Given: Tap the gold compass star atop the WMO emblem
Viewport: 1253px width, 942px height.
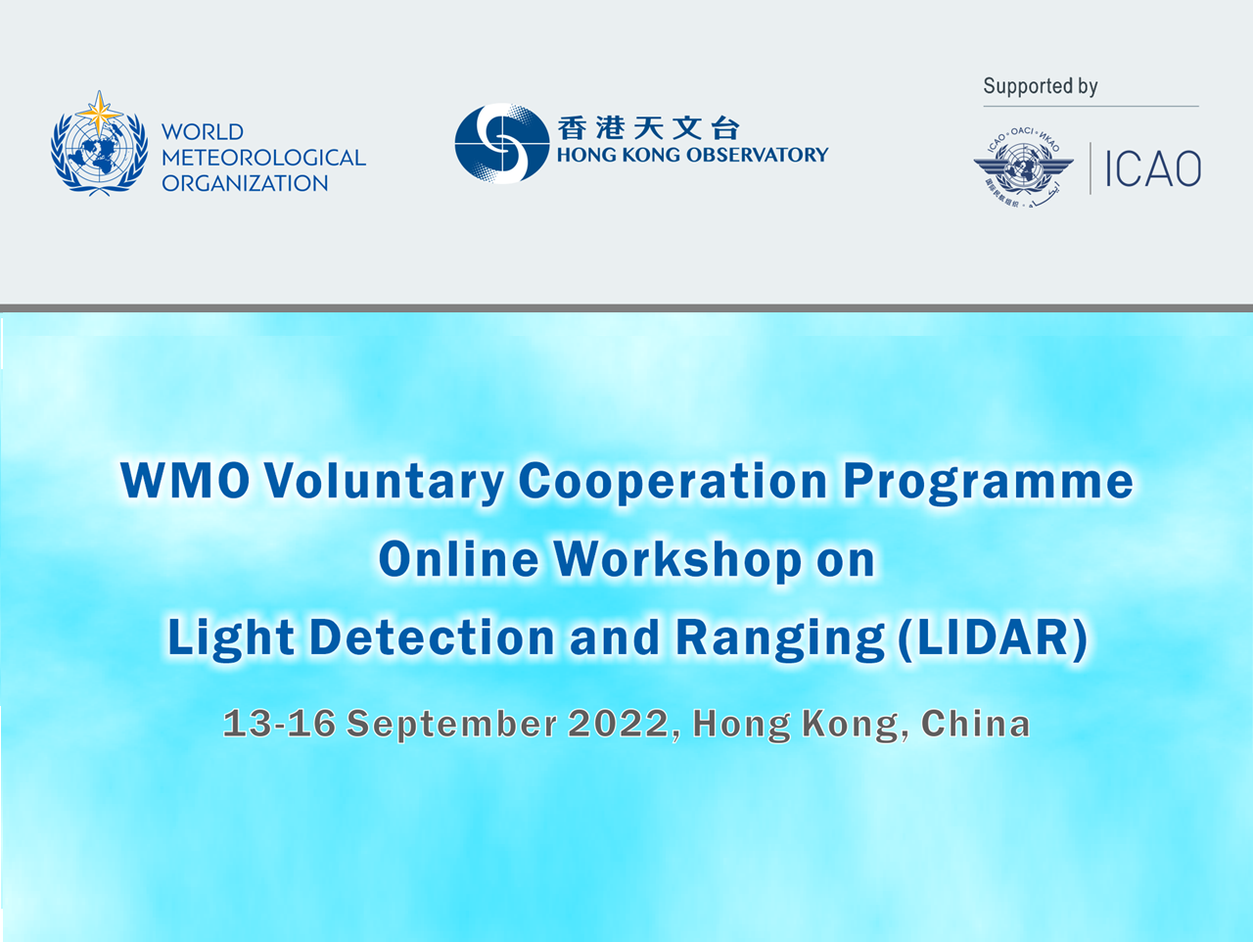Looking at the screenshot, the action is [x=99, y=113].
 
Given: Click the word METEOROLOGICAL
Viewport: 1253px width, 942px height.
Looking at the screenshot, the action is [x=263, y=158].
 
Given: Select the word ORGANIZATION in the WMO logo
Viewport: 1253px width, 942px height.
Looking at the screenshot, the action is [x=245, y=183].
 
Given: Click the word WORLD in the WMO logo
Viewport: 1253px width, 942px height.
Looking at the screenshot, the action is [x=203, y=132].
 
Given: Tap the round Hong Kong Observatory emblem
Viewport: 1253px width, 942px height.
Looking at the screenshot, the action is [x=502, y=143].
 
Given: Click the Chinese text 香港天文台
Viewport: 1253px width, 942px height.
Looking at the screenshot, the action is [x=648, y=127].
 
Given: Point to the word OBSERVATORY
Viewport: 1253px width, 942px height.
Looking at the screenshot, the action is [x=757, y=155].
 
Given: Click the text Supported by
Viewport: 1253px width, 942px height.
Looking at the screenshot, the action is [x=1040, y=86].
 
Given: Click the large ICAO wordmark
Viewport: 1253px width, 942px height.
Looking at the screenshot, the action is [x=1153, y=168].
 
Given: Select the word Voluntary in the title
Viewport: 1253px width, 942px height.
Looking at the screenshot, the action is [x=384, y=481].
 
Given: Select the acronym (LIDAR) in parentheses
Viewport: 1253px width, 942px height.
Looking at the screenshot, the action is [x=993, y=637].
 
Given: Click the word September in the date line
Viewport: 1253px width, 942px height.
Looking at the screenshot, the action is [x=451, y=724].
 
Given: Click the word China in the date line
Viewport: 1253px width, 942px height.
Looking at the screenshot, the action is [x=976, y=724].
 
